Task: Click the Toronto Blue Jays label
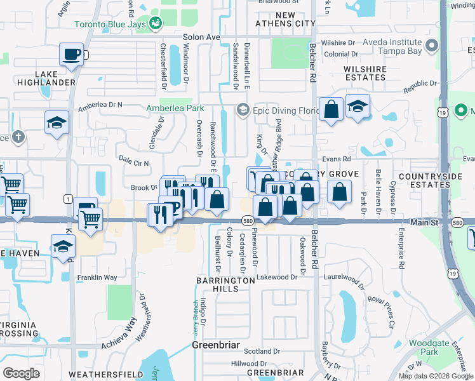tap(112, 25)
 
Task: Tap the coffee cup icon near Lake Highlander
tap(71, 54)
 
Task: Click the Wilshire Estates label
tap(365, 72)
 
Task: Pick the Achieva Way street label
tap(119, 335)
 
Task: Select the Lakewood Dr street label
tap(277, 277)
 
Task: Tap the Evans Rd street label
tap(336, 159)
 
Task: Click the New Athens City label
tap(285, 19)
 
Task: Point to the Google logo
tap(22, 373)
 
